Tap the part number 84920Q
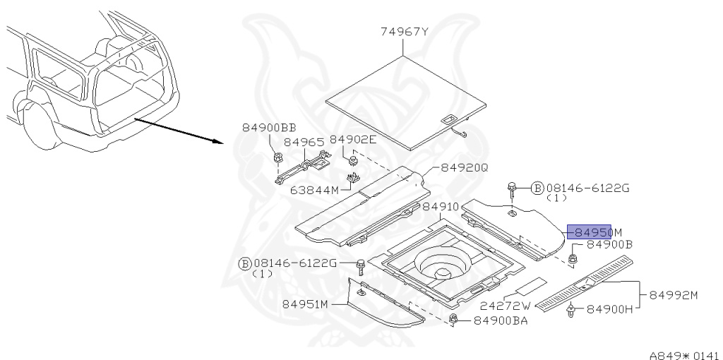tap(464, 168)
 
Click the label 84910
tap(441, 207)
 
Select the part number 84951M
tap(306, 304)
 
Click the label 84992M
tap(673, 295)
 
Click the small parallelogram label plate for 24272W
tap(528, 286)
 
